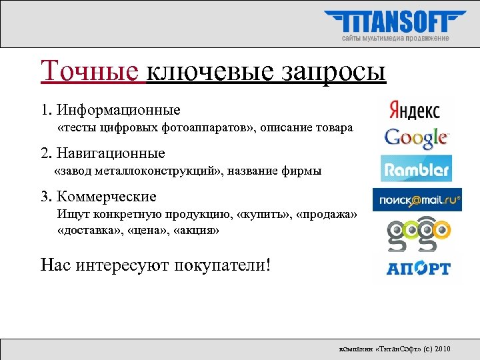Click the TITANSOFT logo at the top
tap(395, 21)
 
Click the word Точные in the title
tap(91, 71)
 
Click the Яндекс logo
tap(414, 109)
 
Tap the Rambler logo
tap(416, 169)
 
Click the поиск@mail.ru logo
tap(417, 199)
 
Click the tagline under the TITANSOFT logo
tap(395, 38)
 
